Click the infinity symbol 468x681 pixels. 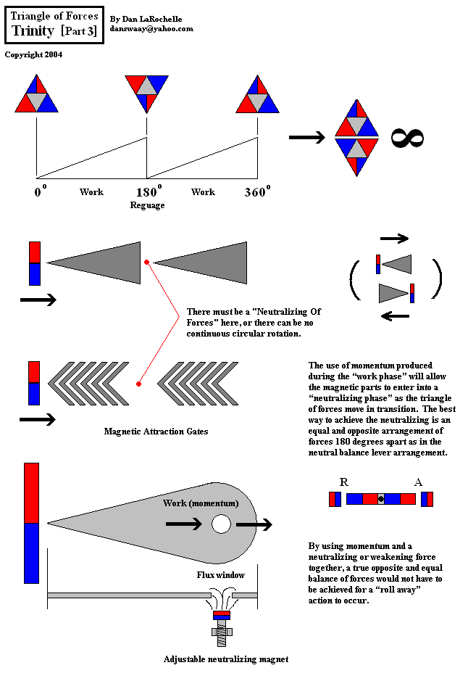click(x=407, y=139)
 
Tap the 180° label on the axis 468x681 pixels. click(x=149, y=193)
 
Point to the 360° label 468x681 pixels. click(x=256, y=193)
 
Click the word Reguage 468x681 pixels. click(x=147, y=205)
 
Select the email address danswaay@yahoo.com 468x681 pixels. click(x=151, y=29)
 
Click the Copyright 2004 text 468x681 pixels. click(x=33, y=54)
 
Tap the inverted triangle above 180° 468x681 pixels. click(x=146, y=92)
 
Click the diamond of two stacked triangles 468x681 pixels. click(x=356, y=138)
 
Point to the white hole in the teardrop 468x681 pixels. click(x=221, y=524)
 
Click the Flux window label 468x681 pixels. click(x=221, y=575)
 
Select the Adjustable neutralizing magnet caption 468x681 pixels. click(x=226, y=659)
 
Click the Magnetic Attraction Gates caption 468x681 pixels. click(x=156, y=432)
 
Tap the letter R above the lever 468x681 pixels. click(x=343, y=482)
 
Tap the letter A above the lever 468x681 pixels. click(x=418, y=482)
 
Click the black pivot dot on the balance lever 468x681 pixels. click(x=380, y=499)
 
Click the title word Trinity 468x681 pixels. click(x=33, y=30)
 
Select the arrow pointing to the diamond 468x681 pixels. click(x=306, y=138)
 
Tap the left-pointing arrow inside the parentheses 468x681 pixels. click(x=394, y=315)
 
